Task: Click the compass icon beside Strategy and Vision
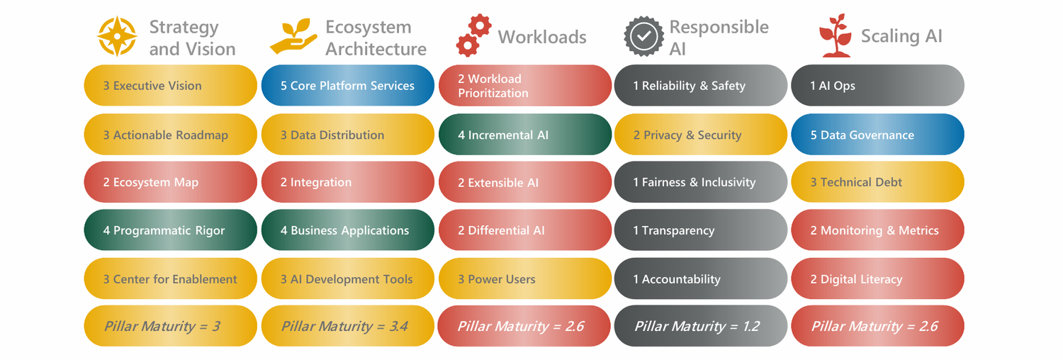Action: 117,37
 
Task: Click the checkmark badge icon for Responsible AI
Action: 643,37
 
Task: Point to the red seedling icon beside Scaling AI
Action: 835,35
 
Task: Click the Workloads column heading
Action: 542,37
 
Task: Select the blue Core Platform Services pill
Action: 347,86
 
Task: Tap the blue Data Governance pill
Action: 877,135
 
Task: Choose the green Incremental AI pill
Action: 524,135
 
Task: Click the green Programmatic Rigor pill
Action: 170,230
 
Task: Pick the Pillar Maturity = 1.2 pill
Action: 700,326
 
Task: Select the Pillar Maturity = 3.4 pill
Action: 347,326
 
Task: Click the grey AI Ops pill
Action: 877,86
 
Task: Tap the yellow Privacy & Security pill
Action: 700,135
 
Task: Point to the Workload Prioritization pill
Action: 524,86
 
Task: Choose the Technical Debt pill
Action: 877,182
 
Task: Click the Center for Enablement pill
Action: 170,279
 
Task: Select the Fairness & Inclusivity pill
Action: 700,182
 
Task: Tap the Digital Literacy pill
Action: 877,279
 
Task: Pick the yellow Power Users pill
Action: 524,279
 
